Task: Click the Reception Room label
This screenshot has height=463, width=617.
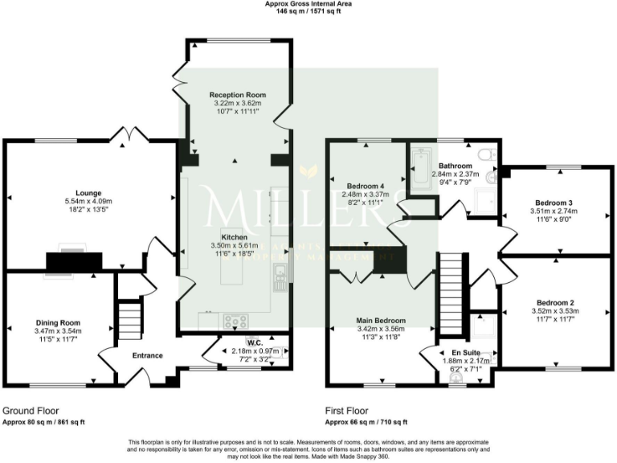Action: (238, 95)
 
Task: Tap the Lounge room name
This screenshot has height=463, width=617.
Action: (88, 193)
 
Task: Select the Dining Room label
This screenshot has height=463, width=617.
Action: (57, 322)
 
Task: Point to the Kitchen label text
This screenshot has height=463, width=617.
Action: (234, 238)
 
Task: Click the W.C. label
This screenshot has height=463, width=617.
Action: (255, 342)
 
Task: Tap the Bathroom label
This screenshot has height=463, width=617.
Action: (455, 165)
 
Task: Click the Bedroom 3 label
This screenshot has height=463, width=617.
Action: (554, 203)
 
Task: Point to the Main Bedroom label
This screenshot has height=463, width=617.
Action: (381, 320)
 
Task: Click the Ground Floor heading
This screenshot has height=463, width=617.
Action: (31, 408)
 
